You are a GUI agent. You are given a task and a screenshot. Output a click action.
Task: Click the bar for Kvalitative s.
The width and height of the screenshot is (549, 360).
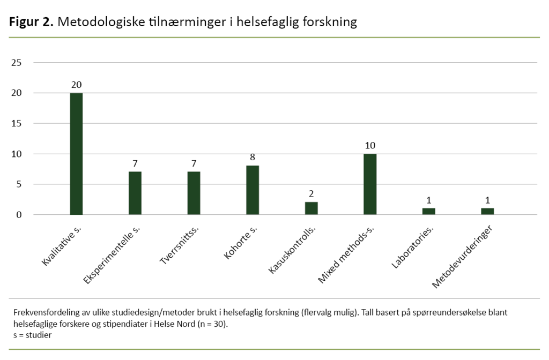click(x=76, y=154)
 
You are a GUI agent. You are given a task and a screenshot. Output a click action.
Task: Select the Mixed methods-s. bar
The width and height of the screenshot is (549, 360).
click(x=370, y=184)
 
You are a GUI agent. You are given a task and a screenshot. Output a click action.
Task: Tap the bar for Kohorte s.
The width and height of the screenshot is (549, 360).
click(x=253, y=190)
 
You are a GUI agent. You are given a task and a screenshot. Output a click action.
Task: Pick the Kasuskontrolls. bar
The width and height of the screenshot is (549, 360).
click(x=311, y=208)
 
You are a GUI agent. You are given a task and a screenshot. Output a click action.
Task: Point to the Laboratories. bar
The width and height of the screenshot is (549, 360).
click(x=429, y=212)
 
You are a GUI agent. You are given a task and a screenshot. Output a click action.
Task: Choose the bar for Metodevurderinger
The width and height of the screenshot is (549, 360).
click(x=487, y=212)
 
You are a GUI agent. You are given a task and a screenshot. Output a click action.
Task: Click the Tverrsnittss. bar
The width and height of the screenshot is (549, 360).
click(x=194, y=193)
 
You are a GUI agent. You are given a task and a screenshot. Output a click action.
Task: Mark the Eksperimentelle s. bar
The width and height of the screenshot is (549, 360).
click(x=135, y=193)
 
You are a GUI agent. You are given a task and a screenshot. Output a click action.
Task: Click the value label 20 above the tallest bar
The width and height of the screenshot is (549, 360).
click(x=76, y=85)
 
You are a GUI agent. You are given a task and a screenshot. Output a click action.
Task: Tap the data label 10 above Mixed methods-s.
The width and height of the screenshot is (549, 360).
click(x=370, y=146)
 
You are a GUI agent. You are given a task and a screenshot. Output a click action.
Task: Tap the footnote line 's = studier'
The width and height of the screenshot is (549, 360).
click(x=33, y=335)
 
